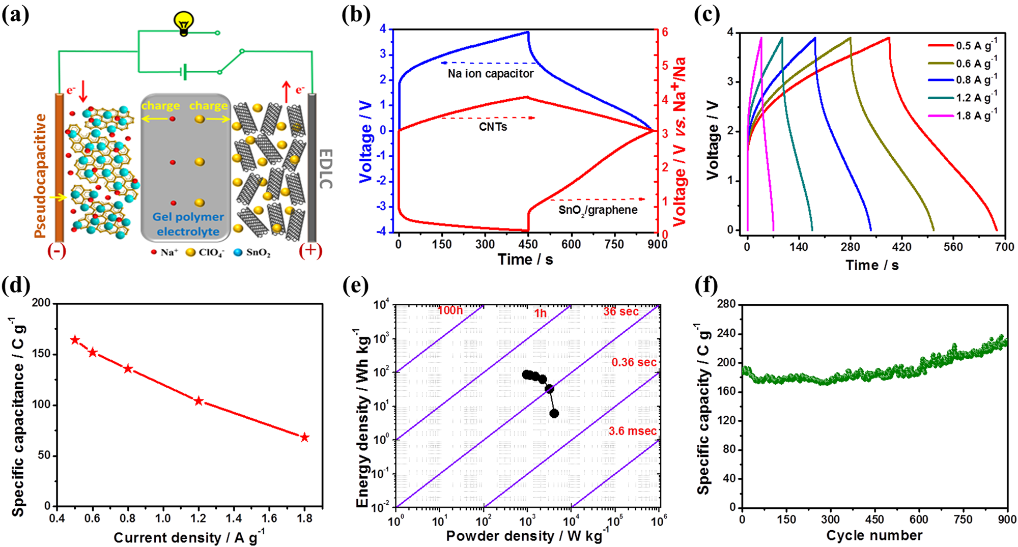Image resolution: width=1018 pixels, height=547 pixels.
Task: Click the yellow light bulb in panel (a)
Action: click(184, 22)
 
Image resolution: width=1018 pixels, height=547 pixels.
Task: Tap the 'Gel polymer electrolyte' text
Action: click(188, 224)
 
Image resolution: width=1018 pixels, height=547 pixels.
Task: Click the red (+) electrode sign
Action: click(310, 250)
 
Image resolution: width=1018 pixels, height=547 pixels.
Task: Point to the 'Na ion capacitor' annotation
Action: click(490, 74)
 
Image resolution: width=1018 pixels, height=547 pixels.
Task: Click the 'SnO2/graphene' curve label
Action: click(598, 210)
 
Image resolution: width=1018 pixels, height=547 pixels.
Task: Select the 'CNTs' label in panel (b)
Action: click(493, 127)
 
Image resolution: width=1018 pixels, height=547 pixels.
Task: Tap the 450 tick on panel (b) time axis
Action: click(528, 244)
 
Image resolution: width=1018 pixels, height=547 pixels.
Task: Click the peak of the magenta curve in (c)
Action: click(761, 38)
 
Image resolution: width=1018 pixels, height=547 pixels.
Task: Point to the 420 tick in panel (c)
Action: click(901, 247)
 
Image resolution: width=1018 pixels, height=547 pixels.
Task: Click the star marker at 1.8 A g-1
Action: click(304, 438)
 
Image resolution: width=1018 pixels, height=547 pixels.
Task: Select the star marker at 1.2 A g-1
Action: click(199, 401)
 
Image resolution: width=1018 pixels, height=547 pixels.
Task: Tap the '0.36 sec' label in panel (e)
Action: click(634, 362)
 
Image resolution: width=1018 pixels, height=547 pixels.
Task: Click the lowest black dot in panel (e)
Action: click(554, 414)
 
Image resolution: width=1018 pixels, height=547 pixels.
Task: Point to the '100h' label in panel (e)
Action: click(450, 310)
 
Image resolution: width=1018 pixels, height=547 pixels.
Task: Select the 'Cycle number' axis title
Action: click(874, 535)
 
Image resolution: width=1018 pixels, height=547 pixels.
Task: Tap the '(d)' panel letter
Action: click(16, 286)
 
